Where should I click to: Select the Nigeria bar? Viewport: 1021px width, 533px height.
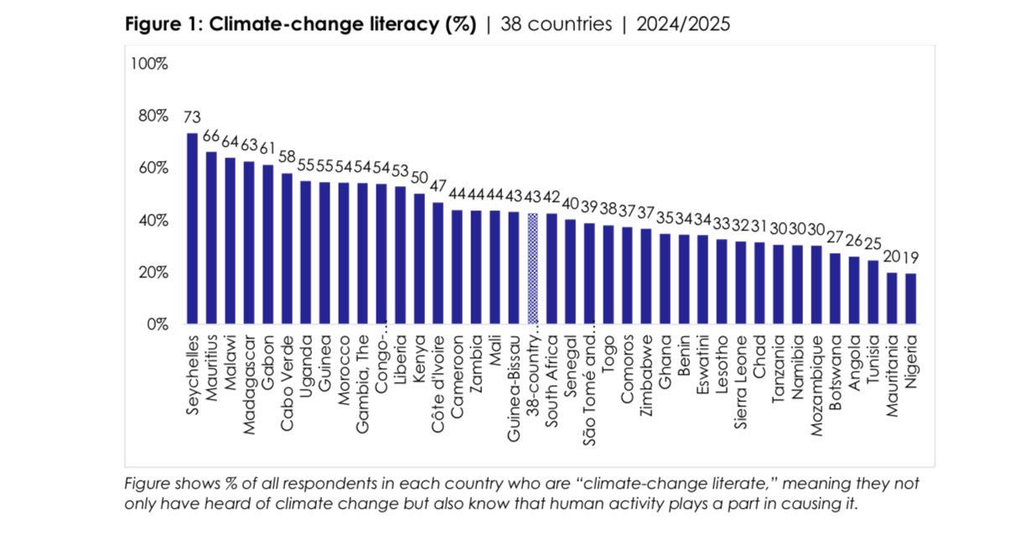(x=910, y=298)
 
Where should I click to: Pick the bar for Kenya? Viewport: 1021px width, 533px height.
(x=419, y=259)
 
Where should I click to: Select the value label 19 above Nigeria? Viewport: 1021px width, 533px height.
(x=910, y=257)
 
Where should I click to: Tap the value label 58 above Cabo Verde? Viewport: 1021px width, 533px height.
(x=287, y=158)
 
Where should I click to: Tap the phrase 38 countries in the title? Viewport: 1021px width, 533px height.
(x=557, y=24)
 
